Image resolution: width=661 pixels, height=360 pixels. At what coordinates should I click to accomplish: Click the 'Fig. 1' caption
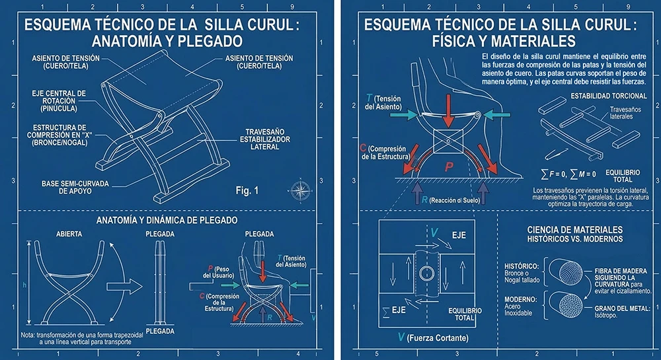pyautogui.click(x=247, y=191)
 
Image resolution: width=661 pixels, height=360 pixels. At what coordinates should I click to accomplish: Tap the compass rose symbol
pyautogui.click(x=301, y=190)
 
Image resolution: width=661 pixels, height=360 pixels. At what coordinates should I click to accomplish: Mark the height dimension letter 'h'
pyautogui.click(x=24, y=285)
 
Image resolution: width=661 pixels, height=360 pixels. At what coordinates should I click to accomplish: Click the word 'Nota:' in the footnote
pyautogui.click(x=28, y=335)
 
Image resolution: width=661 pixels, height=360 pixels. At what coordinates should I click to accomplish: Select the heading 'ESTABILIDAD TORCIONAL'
pyautogui.click(x=609, y=96)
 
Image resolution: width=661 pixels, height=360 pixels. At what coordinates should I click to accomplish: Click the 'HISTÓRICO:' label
pyautogui.click(x=522, y=266)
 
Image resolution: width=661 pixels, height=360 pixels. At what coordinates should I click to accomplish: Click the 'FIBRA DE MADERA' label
pyautogui.click(x=617, y=270)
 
